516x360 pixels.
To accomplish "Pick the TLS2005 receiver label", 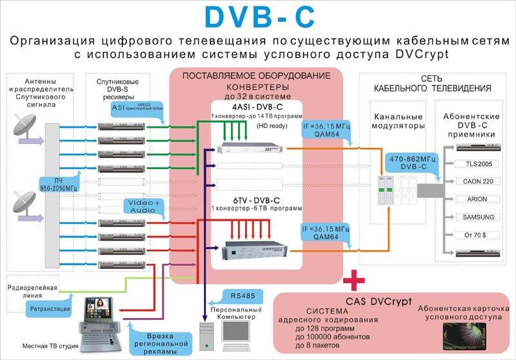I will point(477,164).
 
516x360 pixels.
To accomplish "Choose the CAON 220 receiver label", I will point(477,182).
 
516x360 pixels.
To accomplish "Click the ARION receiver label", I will point(477,199).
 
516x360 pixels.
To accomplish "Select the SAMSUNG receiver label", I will point(477,217).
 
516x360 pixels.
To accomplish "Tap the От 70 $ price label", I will point(477,234).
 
